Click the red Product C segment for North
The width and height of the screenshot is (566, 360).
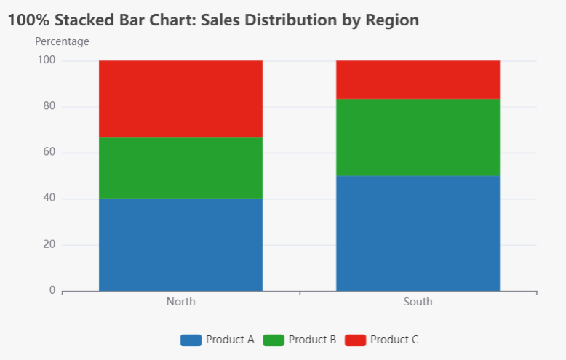click(180, 99)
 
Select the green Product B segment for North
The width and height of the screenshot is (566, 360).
click(180, 168)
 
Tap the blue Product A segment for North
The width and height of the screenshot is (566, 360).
click(180, 245)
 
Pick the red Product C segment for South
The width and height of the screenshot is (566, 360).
click(418, 79)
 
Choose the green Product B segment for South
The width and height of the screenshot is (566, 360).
click(418, 137)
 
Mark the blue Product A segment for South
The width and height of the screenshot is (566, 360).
click(418, 233)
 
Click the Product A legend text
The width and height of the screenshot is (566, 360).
click(230, 340)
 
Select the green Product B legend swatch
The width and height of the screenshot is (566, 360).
click(273, 340)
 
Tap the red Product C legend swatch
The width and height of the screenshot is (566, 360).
click(355, 340)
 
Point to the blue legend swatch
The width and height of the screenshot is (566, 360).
click(191, 340)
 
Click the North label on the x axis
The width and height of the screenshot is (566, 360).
click(180, 302)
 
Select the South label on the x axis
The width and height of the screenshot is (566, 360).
click(418, 302)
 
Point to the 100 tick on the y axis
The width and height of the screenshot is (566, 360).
click(47, 60)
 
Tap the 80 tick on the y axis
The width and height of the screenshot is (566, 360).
click(49, 106)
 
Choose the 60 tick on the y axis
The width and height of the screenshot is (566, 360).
click(49, 153)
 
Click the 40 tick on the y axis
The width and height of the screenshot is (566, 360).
click(49, 199)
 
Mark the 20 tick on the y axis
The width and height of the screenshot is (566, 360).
click(49, 244)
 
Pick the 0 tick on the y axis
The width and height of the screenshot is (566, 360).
click(52, 291)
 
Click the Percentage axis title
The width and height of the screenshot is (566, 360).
click(62, 41)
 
